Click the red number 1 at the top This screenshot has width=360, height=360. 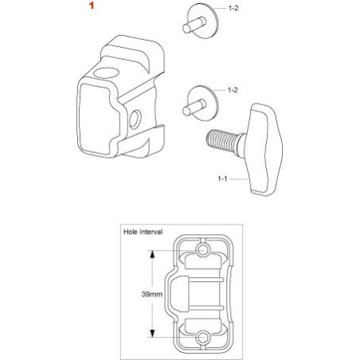pyautogui.click(x=92, y=6)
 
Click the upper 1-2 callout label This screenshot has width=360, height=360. pyautogui.click(x=233, y=8)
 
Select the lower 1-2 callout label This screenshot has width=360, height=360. pyautogui.click(x=233, y=90)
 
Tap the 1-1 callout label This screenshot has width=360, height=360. pyautogui.click(x=222, y=179)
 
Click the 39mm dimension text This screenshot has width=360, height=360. pyautogui.click(x=152, y=294)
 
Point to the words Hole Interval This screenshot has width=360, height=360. pyautogui.click(x=143, y=232)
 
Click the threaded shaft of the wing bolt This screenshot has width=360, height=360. pyautogui.click(x=223, y=139)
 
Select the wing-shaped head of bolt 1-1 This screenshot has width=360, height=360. pyautogui.click(x=264, y=150)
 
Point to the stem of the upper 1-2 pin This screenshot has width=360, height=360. pyautogui.click(x=194, y=25)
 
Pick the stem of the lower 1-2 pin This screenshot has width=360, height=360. pyautogui.click(x=194, y=108)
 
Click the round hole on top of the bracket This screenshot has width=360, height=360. pyautogui.click(x=106, y=73)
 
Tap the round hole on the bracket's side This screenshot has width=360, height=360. pyautogui.click(x=135, y=119)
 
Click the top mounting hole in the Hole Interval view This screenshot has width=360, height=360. pyautogui.click(x=203, y=250)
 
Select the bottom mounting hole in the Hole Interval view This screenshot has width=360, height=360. pyautogui.click(x=203, y=338)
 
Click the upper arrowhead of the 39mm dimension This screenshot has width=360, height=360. pyautogui.click(x=152, y=254)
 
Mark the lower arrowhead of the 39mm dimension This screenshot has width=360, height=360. pyautogui.click(x=152, y=334)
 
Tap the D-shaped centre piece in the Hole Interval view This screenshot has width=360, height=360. pyautogui.click(x=179, y=294)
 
